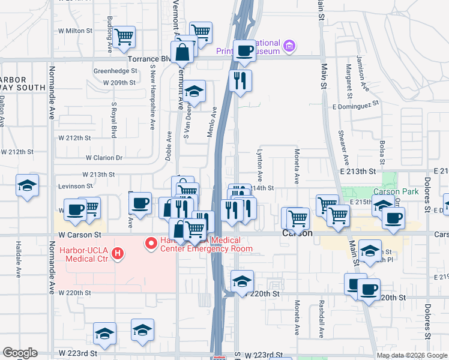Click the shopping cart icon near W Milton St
click(x=124, y=37)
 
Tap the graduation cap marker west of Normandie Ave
click(x=27, y=186)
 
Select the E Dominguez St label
click(x=356, y=103)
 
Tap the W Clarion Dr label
click(x=104, y=158)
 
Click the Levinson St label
click(x=75, y=186)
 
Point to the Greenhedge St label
click(x=113, y=71)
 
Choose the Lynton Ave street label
click(x=261, y=166)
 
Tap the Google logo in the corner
click(x=20, y=353)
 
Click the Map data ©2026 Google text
click(x=411, y=355)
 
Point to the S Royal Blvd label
click(x=113, y=120)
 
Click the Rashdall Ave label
click(x=322, y=314)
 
